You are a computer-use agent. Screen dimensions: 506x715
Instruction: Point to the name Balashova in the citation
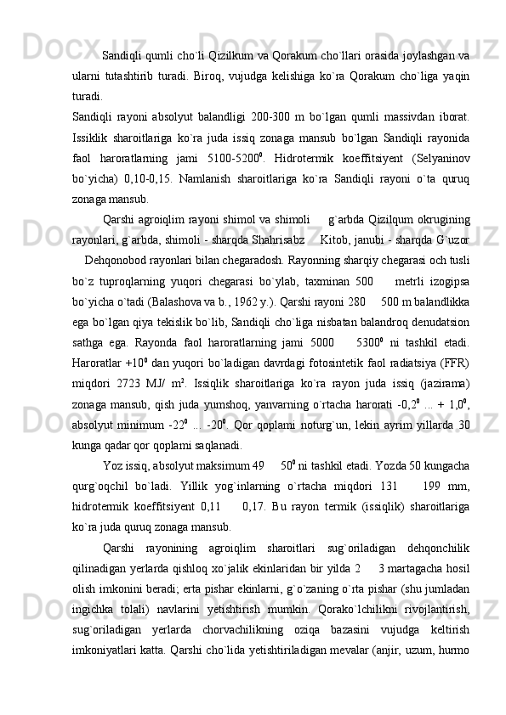tap(219, 301)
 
